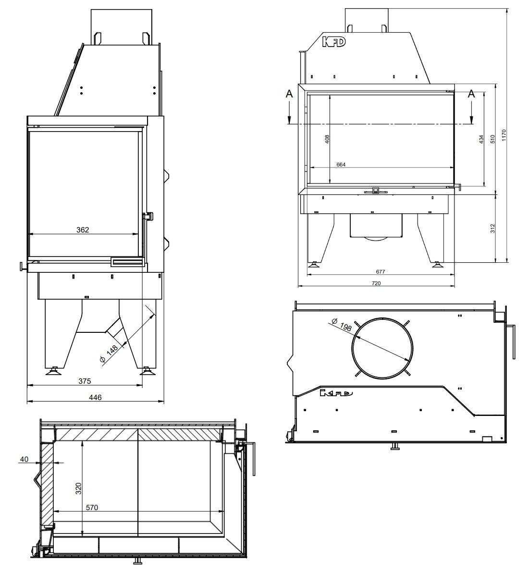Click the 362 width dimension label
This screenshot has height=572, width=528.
pos(83,230)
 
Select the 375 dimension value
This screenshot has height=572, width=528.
pos(85,381)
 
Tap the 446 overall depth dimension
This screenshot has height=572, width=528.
pos(95,397)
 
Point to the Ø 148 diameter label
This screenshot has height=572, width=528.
pos(109,353)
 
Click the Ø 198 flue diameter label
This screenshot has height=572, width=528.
pos(342,325)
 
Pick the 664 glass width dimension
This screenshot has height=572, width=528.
pos(341,165)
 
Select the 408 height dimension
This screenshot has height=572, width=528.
pos(327,139)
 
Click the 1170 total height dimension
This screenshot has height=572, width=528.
pos(504,135)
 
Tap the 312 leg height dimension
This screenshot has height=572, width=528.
pos(492,228)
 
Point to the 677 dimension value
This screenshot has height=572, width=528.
pos(381,271)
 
